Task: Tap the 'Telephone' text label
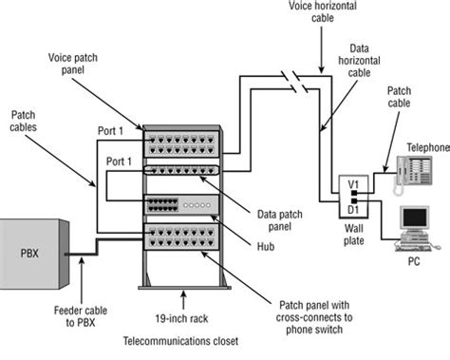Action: click(x=425, y=148)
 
